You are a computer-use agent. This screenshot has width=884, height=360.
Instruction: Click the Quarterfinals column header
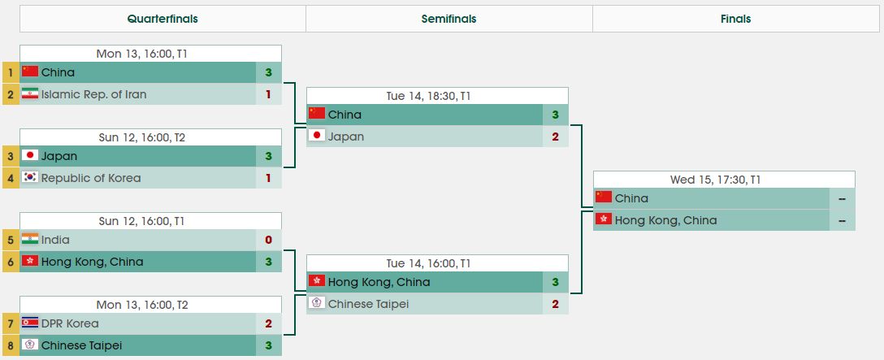tap(162, 19)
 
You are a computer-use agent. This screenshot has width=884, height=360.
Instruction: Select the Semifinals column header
tap(448, 19)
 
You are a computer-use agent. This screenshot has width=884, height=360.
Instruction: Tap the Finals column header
tap(735, 19)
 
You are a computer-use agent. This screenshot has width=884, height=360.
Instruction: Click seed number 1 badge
tap(11, 72)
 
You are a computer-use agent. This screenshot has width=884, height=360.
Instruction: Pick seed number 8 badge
tap(11, 345)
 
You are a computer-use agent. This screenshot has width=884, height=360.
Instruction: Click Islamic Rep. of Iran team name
tap(94, 94)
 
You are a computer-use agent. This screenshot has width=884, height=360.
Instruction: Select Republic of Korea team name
tap(91, 178)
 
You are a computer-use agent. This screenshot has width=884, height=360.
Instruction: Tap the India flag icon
tap(30, 240)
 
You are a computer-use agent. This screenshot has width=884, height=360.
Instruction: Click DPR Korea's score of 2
tap(268, 323)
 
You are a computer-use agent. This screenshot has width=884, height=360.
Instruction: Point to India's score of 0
tap(268, 240)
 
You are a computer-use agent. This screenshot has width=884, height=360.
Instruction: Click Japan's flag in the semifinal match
tap(317, 136)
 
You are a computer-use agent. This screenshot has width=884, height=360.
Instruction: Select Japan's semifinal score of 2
tap(556, 137)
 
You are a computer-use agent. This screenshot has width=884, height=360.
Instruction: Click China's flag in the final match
tap(604, 197)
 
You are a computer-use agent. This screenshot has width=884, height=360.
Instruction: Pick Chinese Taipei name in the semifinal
tap(368, 304)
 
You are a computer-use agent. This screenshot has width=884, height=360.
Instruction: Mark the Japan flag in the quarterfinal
tap(30, 156)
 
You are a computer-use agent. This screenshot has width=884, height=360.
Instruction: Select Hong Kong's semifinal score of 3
tap(556, 282)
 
